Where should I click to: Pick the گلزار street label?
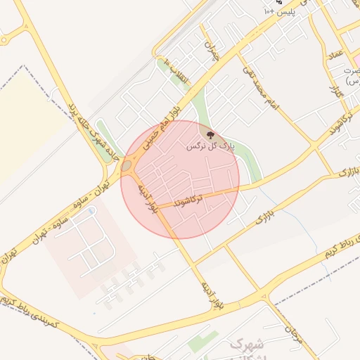(x=336, y=90)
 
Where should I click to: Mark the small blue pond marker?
(x=92, y=210)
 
